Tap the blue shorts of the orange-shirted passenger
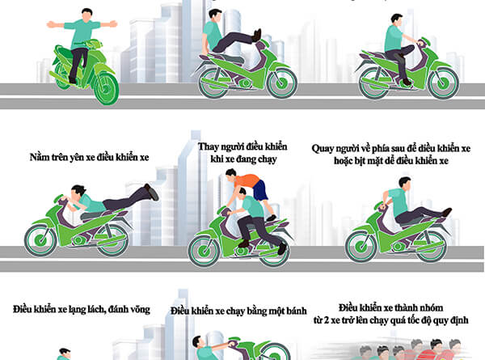pyautogui.click(x=260, y=190)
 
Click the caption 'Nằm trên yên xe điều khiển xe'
pyautogui.click(x=89, y=157)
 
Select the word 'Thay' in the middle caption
pyautogui.click(x=208, y=146)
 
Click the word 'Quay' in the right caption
pyautogui.click(x=323, y=149)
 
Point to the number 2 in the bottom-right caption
pyautogui.click(x=326, y=320)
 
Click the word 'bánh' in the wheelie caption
pyautogui.click(x=297, y=311)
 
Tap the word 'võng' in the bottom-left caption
pyautogui.click(x=140, y=310)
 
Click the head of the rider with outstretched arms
pyautogui.click(x=87, y=15)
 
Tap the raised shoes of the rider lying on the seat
pyautogui.click(x=152, y=192)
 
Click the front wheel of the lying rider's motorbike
pyautogui.click(x=40, y=240)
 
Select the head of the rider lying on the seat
pyautogui.click(x=77, y=192)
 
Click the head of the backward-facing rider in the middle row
pyautogui.click(x=405, y=184)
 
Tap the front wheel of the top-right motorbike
pyautogui.click(x=443, y=83)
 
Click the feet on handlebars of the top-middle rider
pyautogui.click(x=257, y=35)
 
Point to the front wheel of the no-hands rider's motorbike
pyautogui.click(x=107, y=88)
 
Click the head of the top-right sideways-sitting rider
pyautogui.click(x=396, y=19)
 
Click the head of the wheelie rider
pyautogui.click(x=198, y=341)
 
